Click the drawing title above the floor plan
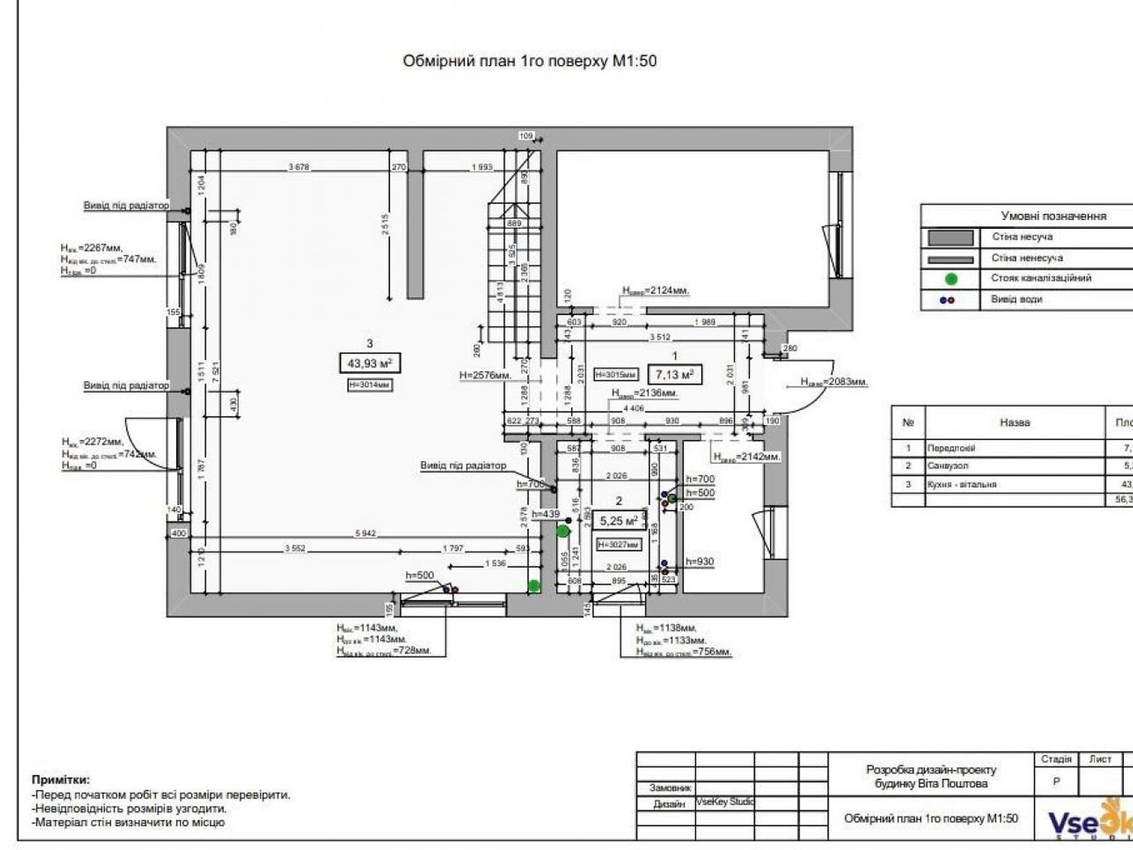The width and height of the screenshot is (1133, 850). coord(530,61)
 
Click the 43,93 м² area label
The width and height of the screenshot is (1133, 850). coord(370,363)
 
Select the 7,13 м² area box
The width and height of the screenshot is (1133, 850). coord(675,374)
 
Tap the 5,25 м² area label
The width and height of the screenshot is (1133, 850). coord(619,521)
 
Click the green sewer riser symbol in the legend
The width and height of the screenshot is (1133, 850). coord(951,278)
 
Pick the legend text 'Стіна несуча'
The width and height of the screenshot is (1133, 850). coord(1022,237)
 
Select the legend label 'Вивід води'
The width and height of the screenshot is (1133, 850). coord(1016,299)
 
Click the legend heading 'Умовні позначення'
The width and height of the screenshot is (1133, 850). coord(1053,216)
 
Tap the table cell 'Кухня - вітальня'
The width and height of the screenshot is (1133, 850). coord(962,484)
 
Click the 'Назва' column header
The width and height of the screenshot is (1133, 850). coord(1014,422)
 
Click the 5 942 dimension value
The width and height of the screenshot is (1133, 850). coord(365,533)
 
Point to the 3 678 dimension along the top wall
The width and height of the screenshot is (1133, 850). coord(299,167)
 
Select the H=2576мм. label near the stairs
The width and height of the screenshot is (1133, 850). coord(485,375)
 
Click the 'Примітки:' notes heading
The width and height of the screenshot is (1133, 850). coord(61,780)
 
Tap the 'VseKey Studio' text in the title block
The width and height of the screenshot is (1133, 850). coord(725,802)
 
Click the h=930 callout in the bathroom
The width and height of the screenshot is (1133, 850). coord(700,562)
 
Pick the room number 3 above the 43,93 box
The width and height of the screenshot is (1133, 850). coord(370,344)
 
